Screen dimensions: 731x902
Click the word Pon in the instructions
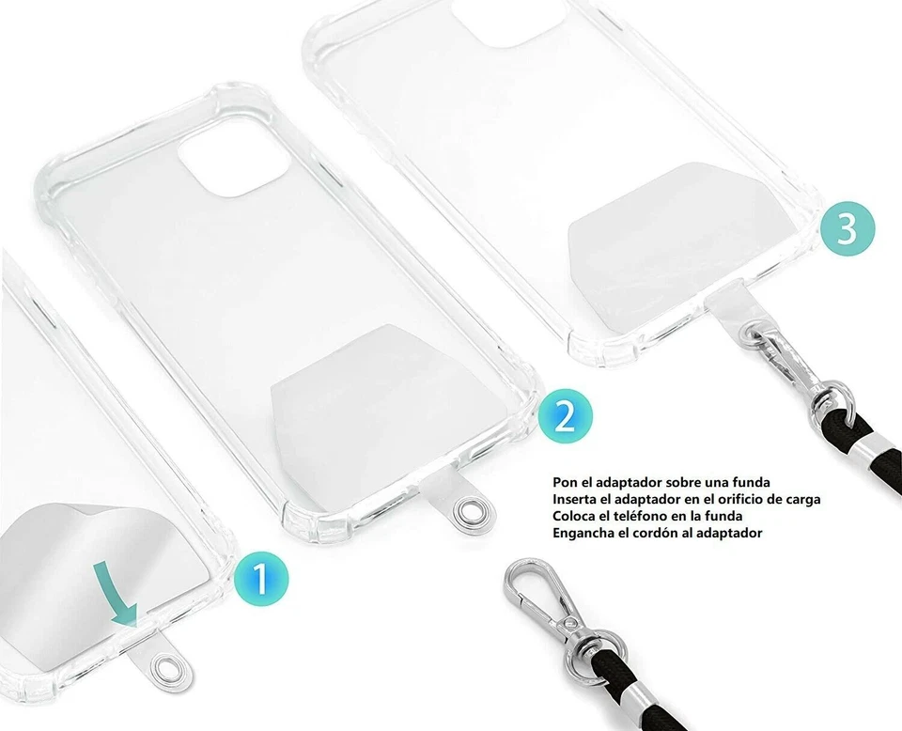coord(566,483)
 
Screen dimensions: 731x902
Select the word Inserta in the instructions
coord(576,500)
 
